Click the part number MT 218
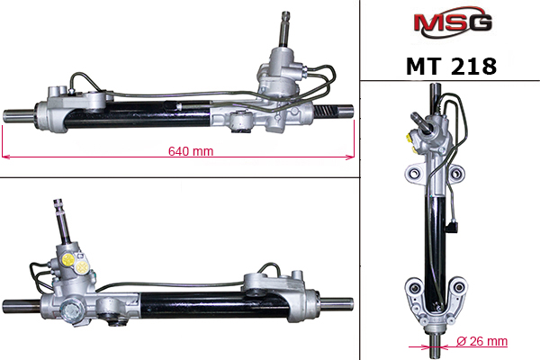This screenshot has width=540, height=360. tap(451, 66)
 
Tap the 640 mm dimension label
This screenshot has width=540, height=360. tap(191, 151)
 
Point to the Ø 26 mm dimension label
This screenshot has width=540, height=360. tap(481, 341)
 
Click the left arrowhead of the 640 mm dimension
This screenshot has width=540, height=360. tap(5, 157)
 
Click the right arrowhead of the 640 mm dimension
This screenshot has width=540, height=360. tap(350, 157)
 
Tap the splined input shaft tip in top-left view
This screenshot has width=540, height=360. tap(285, 15)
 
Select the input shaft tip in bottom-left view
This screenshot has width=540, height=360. tap(58, 204)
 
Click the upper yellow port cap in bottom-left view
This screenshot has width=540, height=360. tap(67, 259)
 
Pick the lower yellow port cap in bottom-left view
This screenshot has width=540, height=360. tap(82, 267)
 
